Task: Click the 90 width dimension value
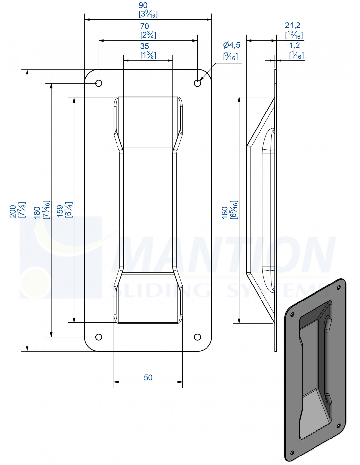coord(143,5)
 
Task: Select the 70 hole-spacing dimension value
coord(144,26)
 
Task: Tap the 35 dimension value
coord(144,46)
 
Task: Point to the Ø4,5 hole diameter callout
coord(231,45)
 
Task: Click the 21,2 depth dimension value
coord(293,26)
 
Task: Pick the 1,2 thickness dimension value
coord(295,45)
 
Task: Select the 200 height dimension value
coord(13,212)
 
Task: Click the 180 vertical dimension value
coord(37,213)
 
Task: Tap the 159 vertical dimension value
coord(60,211)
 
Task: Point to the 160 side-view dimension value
coord(225,213)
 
